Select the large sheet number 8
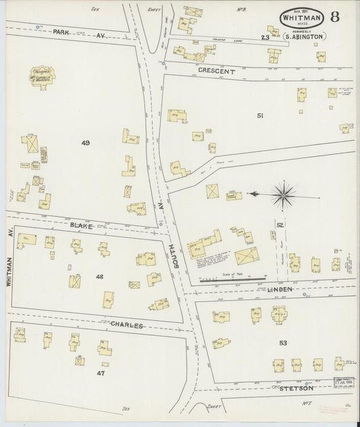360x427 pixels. point(335,18)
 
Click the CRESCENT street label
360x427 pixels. point(216,70)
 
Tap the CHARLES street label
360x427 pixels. point(126,325)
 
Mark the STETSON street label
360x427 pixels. point(297,388)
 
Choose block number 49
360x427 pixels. point(85,143)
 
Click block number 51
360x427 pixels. point(260,116)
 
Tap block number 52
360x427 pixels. point(279,224)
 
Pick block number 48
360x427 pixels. point(99,276)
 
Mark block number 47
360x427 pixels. point(101,372)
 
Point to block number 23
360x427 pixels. point(265,38)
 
